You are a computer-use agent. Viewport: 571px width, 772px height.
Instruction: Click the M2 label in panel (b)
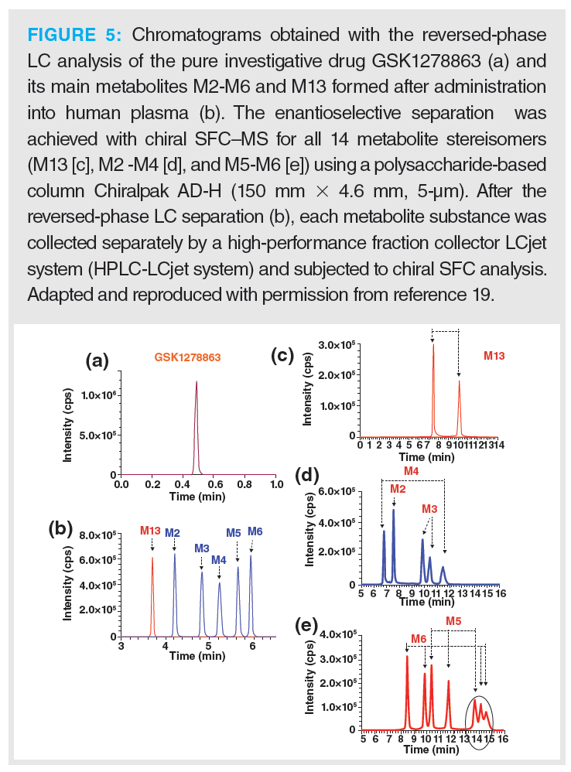[173, 532]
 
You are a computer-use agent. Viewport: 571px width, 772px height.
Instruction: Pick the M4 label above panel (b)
[219, 559]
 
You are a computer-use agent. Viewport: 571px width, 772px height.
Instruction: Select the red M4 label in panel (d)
[412, 471]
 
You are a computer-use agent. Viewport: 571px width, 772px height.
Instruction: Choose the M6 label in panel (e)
[419, 638]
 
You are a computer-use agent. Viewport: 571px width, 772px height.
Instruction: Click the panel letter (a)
[97, 359]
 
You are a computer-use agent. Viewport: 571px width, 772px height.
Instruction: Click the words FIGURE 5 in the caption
[77, 35]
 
